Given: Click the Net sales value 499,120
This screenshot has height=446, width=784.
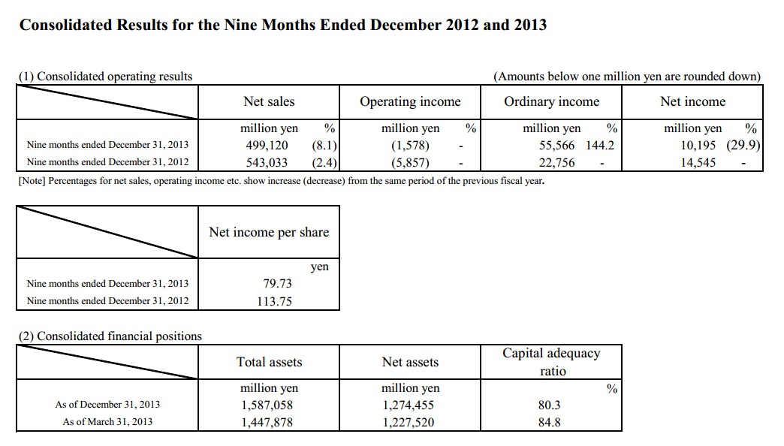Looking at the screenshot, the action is pos(267,146).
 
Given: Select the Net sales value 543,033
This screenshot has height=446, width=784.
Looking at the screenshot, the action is pos(267,162).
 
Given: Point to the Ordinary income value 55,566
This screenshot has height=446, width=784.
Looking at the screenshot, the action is pos(556,146).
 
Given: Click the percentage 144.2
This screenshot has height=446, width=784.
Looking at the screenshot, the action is pos(600,146).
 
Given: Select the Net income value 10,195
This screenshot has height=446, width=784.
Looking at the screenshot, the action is pos(698,146).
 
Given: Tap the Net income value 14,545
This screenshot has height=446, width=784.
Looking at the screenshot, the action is pos(698,162).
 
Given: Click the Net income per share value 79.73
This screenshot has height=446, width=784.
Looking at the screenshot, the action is pos(278,284).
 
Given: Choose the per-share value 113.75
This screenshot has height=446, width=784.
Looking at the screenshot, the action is pos(275,301).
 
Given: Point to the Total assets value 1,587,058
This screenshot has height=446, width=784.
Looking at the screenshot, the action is pos(267,405).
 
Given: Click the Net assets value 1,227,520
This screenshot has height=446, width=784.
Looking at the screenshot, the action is pos(409,423).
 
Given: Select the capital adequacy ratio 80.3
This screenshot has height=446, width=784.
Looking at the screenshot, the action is pos(550,405).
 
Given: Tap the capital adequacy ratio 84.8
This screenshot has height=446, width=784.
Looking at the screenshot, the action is pos(550,423).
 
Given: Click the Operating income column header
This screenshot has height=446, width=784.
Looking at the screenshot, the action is pos(410,102).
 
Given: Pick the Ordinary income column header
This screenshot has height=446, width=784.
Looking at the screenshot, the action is pos(551,102).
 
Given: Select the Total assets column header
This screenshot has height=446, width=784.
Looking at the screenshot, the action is pos(269,362).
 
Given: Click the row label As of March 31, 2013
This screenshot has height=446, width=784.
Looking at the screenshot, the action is pos(107,422).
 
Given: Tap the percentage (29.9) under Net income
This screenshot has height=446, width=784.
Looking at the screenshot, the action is pos(743,146).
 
